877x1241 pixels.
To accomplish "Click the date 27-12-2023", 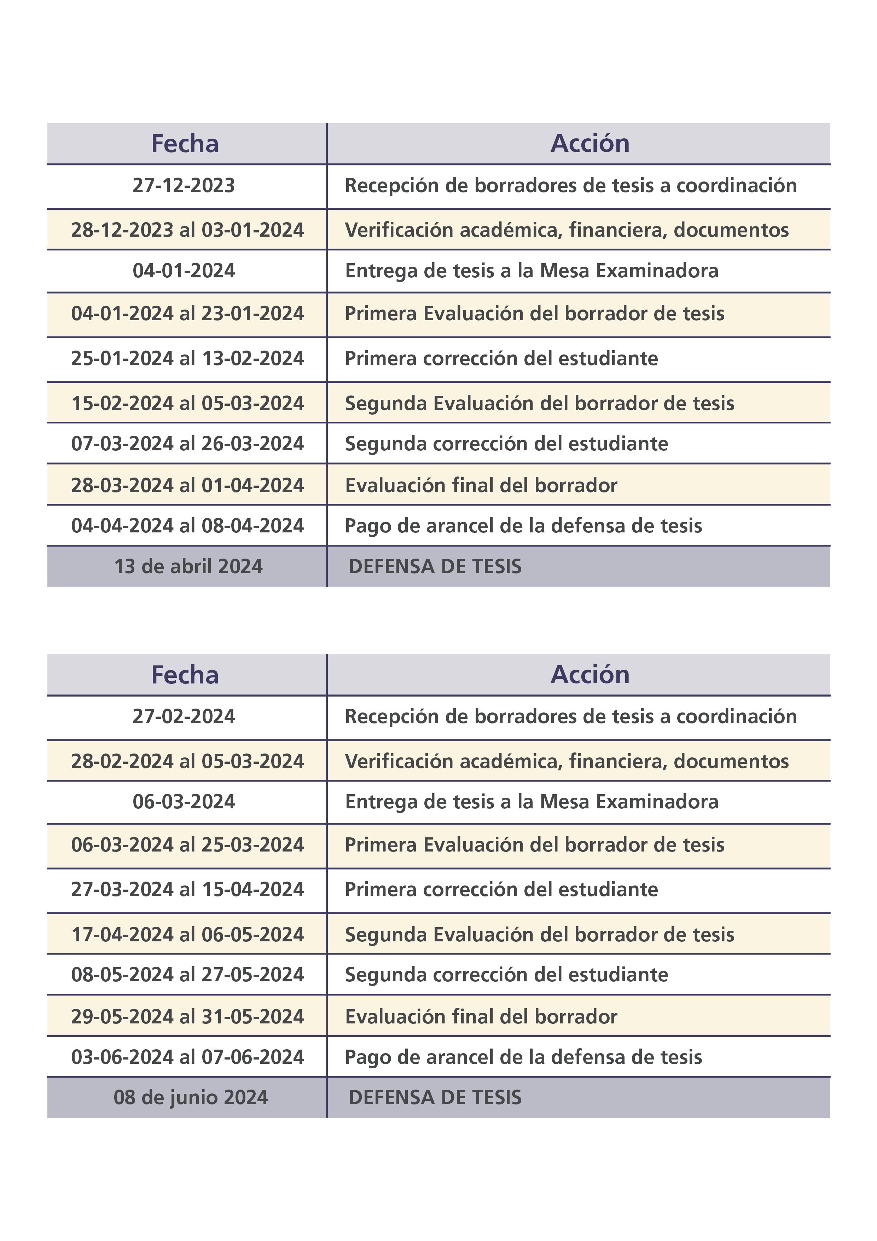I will [184, 185].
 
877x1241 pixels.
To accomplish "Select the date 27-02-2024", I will [184, 717].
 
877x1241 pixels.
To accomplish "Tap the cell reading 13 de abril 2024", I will [188, 566].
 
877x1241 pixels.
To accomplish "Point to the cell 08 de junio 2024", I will [190, 1098].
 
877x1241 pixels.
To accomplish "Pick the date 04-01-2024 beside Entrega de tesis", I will [184, 271].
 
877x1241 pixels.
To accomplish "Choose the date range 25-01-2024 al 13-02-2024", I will [187, 358].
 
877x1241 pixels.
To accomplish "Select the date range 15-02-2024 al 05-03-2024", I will [187, 403].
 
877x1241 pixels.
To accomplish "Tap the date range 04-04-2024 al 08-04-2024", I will [187, 526].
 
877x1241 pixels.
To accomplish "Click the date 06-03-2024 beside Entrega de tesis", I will [184, 802].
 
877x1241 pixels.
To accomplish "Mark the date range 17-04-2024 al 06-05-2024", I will [187, 935].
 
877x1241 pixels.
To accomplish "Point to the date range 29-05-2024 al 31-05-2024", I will [187, 1017].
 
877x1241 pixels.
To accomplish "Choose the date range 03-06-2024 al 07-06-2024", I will [187, 1057].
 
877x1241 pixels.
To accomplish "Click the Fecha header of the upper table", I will [185, 144].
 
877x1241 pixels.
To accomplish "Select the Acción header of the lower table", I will [590, 675].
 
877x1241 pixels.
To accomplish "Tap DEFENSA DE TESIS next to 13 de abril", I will [435, 566].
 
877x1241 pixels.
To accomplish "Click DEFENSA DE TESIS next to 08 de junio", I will [435, 1098].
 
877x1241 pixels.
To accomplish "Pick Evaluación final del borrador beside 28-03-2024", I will [481, 485].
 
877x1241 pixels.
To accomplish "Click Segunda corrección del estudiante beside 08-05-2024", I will [506, 975].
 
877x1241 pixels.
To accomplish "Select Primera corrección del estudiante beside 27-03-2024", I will [501, 890].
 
